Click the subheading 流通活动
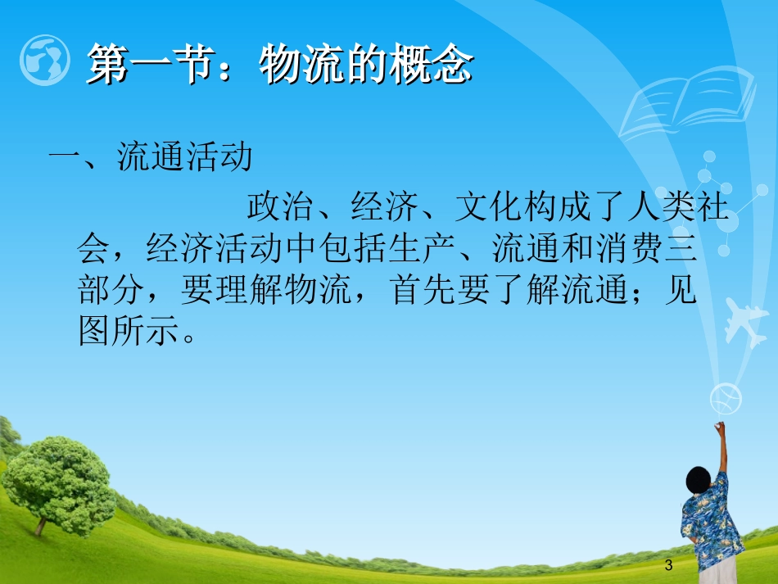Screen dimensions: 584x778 (185, 157)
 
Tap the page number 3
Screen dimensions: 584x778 (669, 564)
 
